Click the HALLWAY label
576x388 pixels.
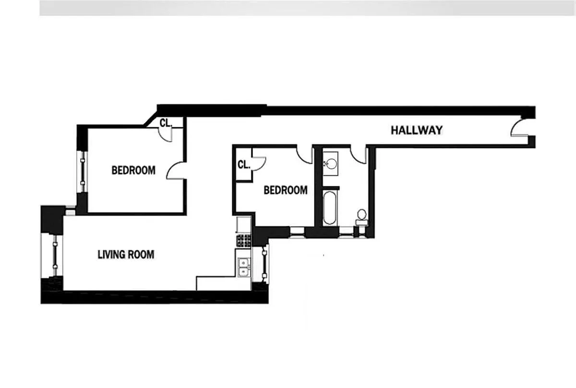[417, 130]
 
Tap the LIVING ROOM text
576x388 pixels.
[126, 255]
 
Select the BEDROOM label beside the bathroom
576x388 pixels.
[286, 190]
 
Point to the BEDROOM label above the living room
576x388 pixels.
[133, 170]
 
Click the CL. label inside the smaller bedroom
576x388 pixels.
[244, 165]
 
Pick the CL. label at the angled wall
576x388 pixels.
[166, 123]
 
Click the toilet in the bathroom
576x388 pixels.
[362, 218]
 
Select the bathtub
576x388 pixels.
[329, 208]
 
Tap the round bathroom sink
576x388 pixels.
[330, 163]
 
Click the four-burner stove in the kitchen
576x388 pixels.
[243, 241]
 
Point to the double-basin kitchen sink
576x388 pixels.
[243, 267]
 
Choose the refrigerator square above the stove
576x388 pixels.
[243, 225]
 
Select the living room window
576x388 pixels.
[55, 256]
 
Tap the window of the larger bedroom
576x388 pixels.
[83, 171]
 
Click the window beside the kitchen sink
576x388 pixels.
[264, 264]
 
